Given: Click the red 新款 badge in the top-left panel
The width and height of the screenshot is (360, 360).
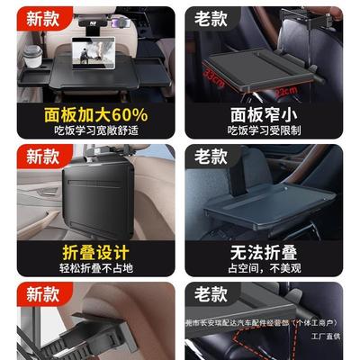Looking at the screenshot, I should (x=42, y=17).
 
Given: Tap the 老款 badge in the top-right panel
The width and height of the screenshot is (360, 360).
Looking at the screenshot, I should (x=211, y=17).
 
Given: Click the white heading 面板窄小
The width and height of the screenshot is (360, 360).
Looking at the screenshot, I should (x=262, y=114).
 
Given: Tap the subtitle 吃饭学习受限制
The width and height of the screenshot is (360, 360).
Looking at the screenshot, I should (x=262, y=131).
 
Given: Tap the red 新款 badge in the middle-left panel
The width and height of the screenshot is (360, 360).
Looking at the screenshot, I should (x=42, y=157).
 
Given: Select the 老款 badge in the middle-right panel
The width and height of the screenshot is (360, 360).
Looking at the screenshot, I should (x=211, y=157).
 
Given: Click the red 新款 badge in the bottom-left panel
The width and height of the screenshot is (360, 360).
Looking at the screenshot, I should (x=42, y=294).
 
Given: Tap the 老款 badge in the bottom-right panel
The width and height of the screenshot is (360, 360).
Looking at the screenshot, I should (x=211, y=294).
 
